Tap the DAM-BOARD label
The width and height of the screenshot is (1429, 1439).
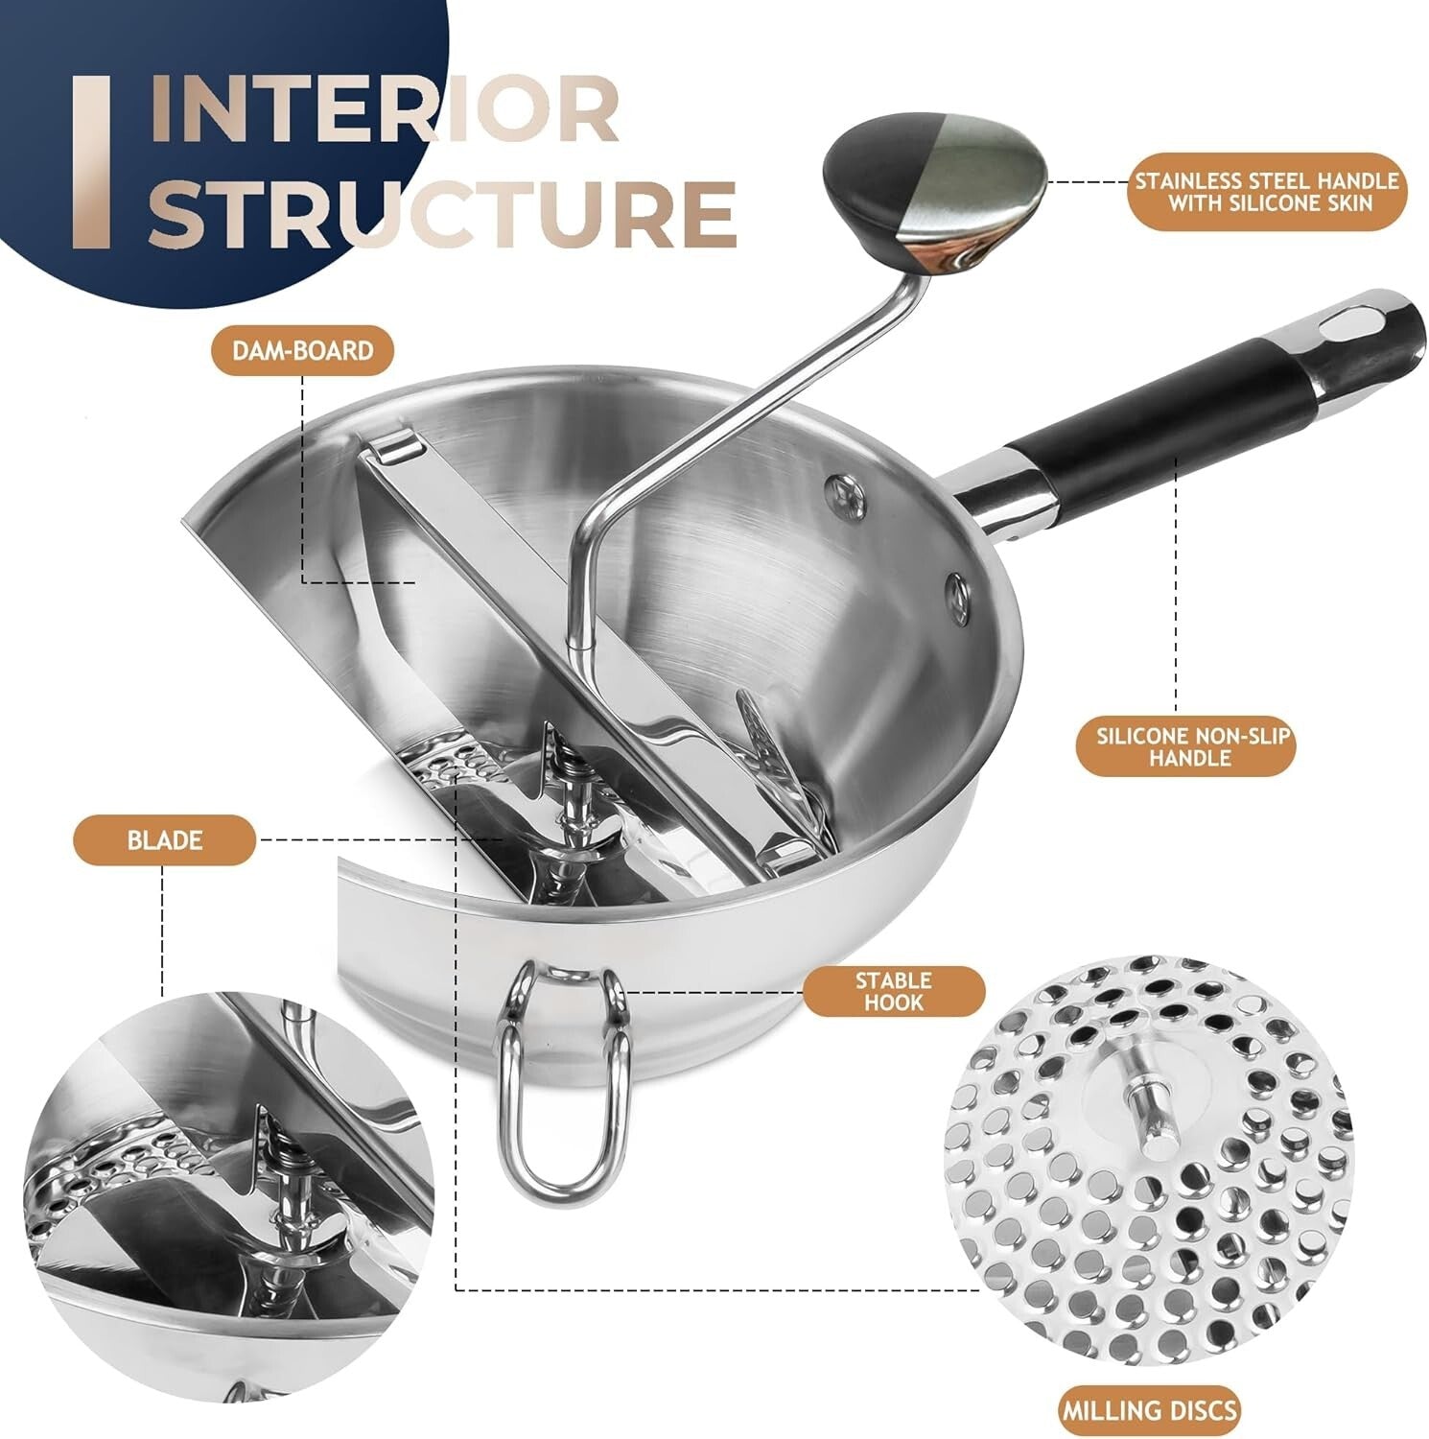pyautogui.click(x=302, y=350)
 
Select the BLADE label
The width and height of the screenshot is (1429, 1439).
pyautogui.click(x=164, y=840)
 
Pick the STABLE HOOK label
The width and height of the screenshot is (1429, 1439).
pyautogui.click(x=893, y=991)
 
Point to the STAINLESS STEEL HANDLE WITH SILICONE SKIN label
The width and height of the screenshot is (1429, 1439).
pyautogui.click(x=1266, y=191)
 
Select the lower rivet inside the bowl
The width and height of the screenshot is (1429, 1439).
pyautogui.click(x=956, y=591)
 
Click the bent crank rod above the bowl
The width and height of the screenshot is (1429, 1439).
pyautogui.click(x=691, y=432)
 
